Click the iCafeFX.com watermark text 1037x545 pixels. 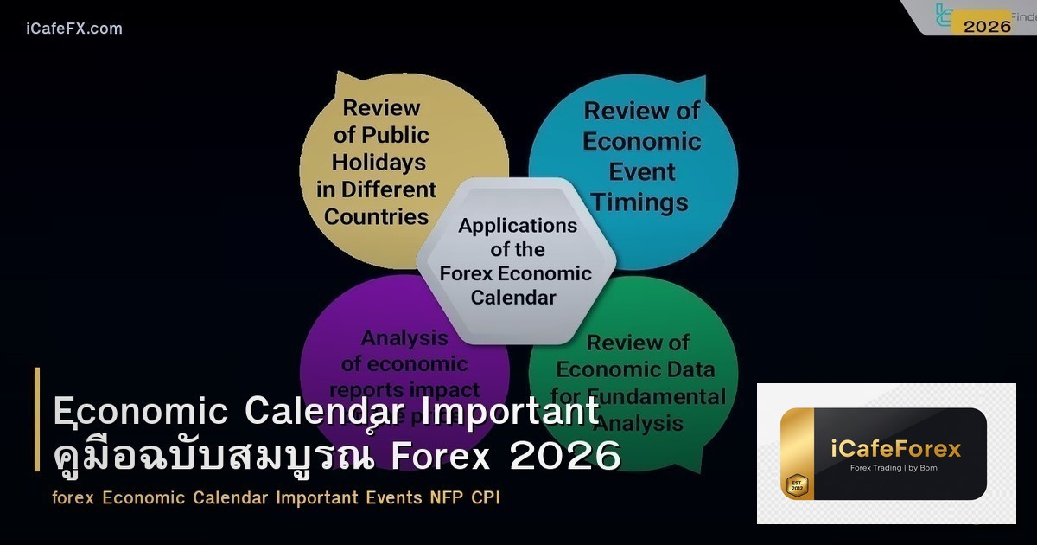click(74, 29)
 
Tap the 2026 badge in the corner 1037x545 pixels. click(987, 26)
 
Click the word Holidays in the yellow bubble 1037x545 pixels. click(379, 162)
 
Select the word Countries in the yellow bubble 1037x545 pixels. click(377, 216)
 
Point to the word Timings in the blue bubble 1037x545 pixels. click(640, 202)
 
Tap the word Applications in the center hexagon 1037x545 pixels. click(518, 226)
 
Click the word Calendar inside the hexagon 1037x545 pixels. click(515, 298)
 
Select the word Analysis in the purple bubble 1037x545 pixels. click(404, 338)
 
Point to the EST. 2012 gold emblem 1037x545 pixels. click(796, 484)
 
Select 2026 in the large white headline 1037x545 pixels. click(565, 457)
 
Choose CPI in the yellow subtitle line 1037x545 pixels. click(486, 498)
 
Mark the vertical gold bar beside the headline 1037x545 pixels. click(37, 420)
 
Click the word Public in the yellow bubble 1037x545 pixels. click(395, 135)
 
